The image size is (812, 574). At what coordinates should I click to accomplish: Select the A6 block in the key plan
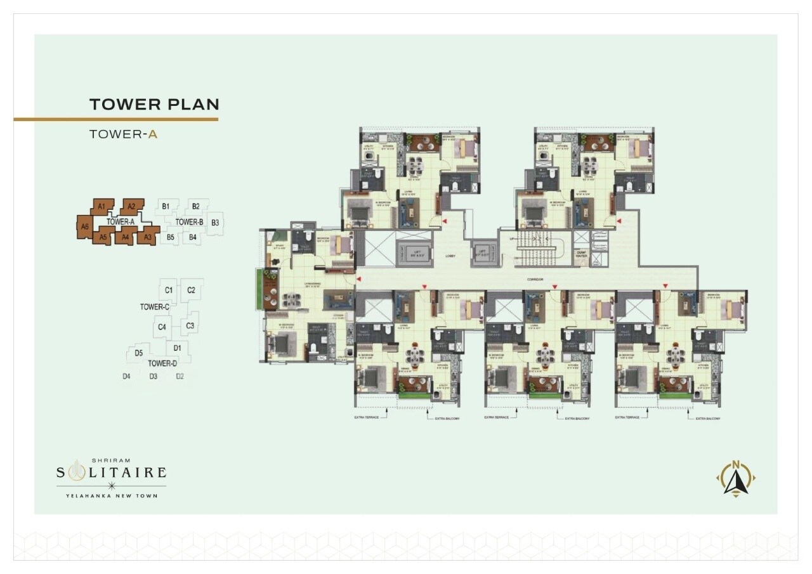pos(84,226)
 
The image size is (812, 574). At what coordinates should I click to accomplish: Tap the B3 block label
pos(215,223)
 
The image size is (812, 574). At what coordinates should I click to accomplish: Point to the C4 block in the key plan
pos(162,327)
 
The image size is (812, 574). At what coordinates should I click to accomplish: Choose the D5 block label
pos(138,353)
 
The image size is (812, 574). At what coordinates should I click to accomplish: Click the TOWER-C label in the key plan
pos(155,307)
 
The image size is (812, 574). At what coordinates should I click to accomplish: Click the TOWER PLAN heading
pos(154,104)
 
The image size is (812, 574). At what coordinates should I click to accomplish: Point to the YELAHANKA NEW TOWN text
pos(112,495)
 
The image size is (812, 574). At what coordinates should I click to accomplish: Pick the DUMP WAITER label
pos(581,255)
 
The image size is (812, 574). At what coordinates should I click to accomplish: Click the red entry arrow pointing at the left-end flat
pos(358,279)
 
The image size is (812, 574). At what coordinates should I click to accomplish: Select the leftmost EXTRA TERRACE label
pos(369,418)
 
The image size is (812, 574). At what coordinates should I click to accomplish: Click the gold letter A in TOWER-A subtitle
pos(152,134)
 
